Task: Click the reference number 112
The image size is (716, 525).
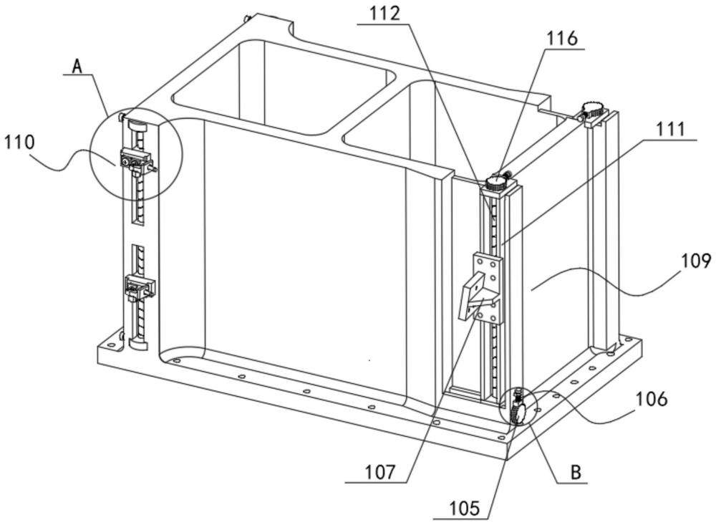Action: pyautogui.click(x=385, y=14)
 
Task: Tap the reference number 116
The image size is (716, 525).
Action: pyautogui.click(x=563, y=39)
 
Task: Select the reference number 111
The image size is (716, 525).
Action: pyautogui.click(x=670, y=130)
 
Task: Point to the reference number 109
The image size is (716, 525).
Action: pyautogui.click(x=697, y=261)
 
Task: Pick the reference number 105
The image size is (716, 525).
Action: pyautogui.click(x=465, y=508)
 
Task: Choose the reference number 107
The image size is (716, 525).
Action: pyautogui.click(x=379, y=472)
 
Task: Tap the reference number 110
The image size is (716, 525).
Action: pyautogui.click(x=19, y=143)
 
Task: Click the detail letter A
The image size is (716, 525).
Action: pyautogui.click(x=77, y=67)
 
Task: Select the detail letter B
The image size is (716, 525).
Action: pyautogui.click(x=576, y=472)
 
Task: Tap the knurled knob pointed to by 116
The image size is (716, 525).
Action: pyautogui.click(x=495, y=183)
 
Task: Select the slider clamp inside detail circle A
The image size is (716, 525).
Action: pyautogui.click(x=135, y=161)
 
